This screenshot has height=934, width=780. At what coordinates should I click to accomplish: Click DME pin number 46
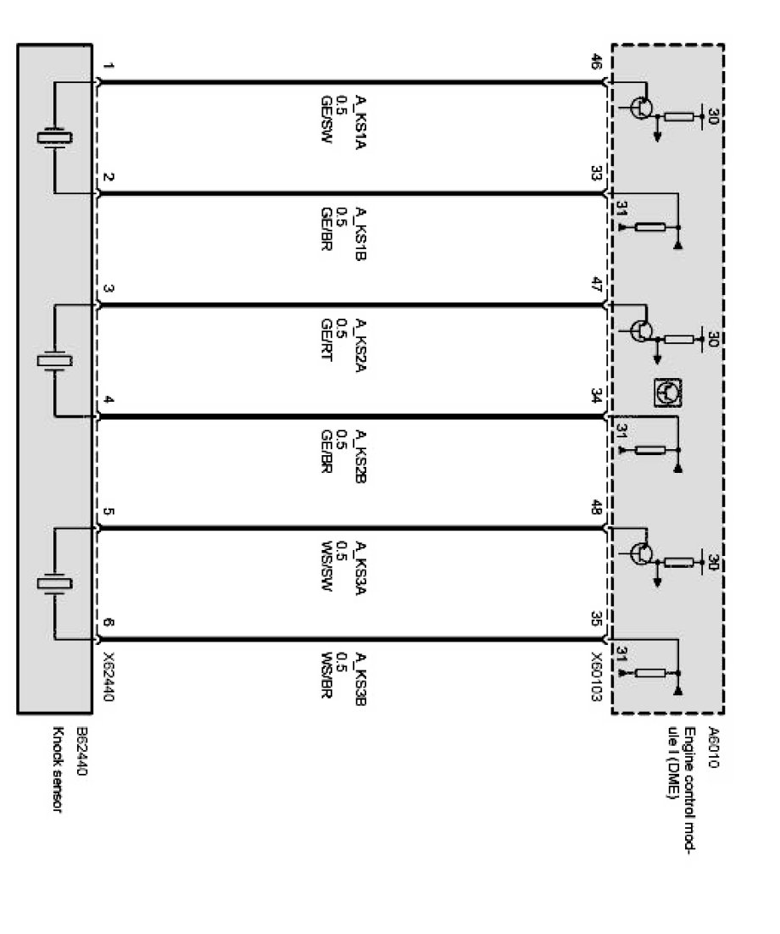596,62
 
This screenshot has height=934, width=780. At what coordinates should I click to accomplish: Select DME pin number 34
596,394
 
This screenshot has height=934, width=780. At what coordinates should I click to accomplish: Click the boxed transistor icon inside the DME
668,392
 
